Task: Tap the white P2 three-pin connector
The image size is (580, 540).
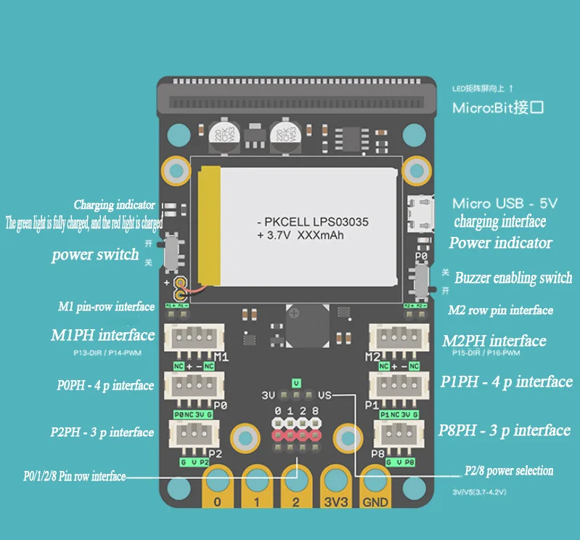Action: tap(189, 435)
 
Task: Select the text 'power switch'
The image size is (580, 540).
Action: tap(95, 254)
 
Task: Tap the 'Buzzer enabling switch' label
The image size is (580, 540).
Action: tap(513, 278)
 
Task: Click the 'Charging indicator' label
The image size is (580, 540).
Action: tap(114, 205)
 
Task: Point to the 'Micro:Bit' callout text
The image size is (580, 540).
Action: tap(498, 109)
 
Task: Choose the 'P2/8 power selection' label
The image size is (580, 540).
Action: tap(508, 471)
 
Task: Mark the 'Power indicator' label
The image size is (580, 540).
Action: tap(500, 243)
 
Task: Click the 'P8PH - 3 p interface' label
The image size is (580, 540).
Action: tap(505, 430)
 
